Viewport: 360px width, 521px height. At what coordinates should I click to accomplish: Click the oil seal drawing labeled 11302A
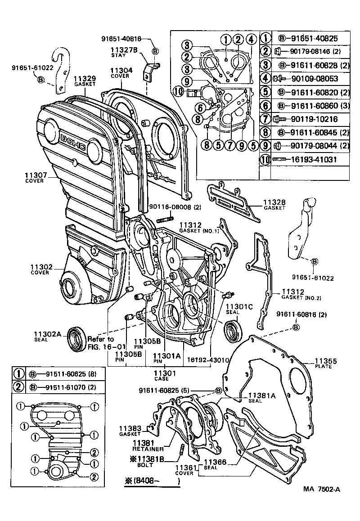tap(76, 338)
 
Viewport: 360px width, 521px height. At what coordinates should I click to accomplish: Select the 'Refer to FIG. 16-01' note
tap(101, 343)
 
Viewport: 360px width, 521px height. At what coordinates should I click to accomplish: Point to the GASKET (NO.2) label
tap(297, 295)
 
